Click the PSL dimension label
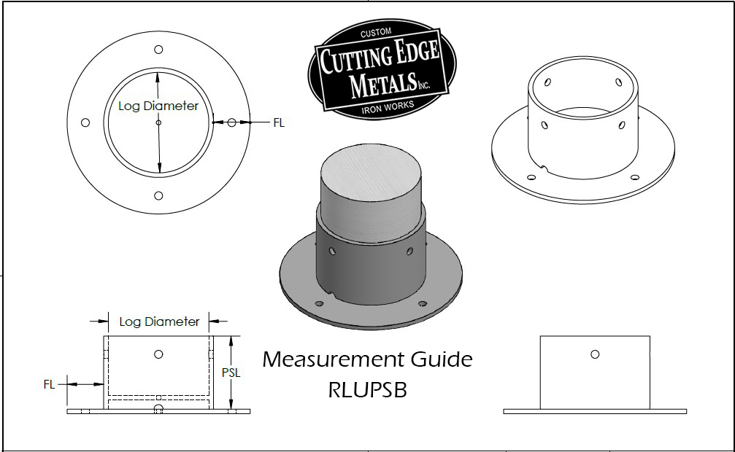(231, 373)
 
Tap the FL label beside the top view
(279, 123)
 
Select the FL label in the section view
(49, 384)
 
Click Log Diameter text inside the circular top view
(158, 106)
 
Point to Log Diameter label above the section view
(159, 322)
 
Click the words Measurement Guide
(367, 359)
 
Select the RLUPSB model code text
(367, 390)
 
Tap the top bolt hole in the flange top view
(159, 50)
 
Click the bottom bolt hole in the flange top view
(159, 195)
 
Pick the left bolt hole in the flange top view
(85, 122)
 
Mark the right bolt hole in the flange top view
(232, 122)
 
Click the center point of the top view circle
(158, 123)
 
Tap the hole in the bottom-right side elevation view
(595, 354)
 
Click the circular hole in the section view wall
(158, 354)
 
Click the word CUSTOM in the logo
(377, 32)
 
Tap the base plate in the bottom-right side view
(595, 411)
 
